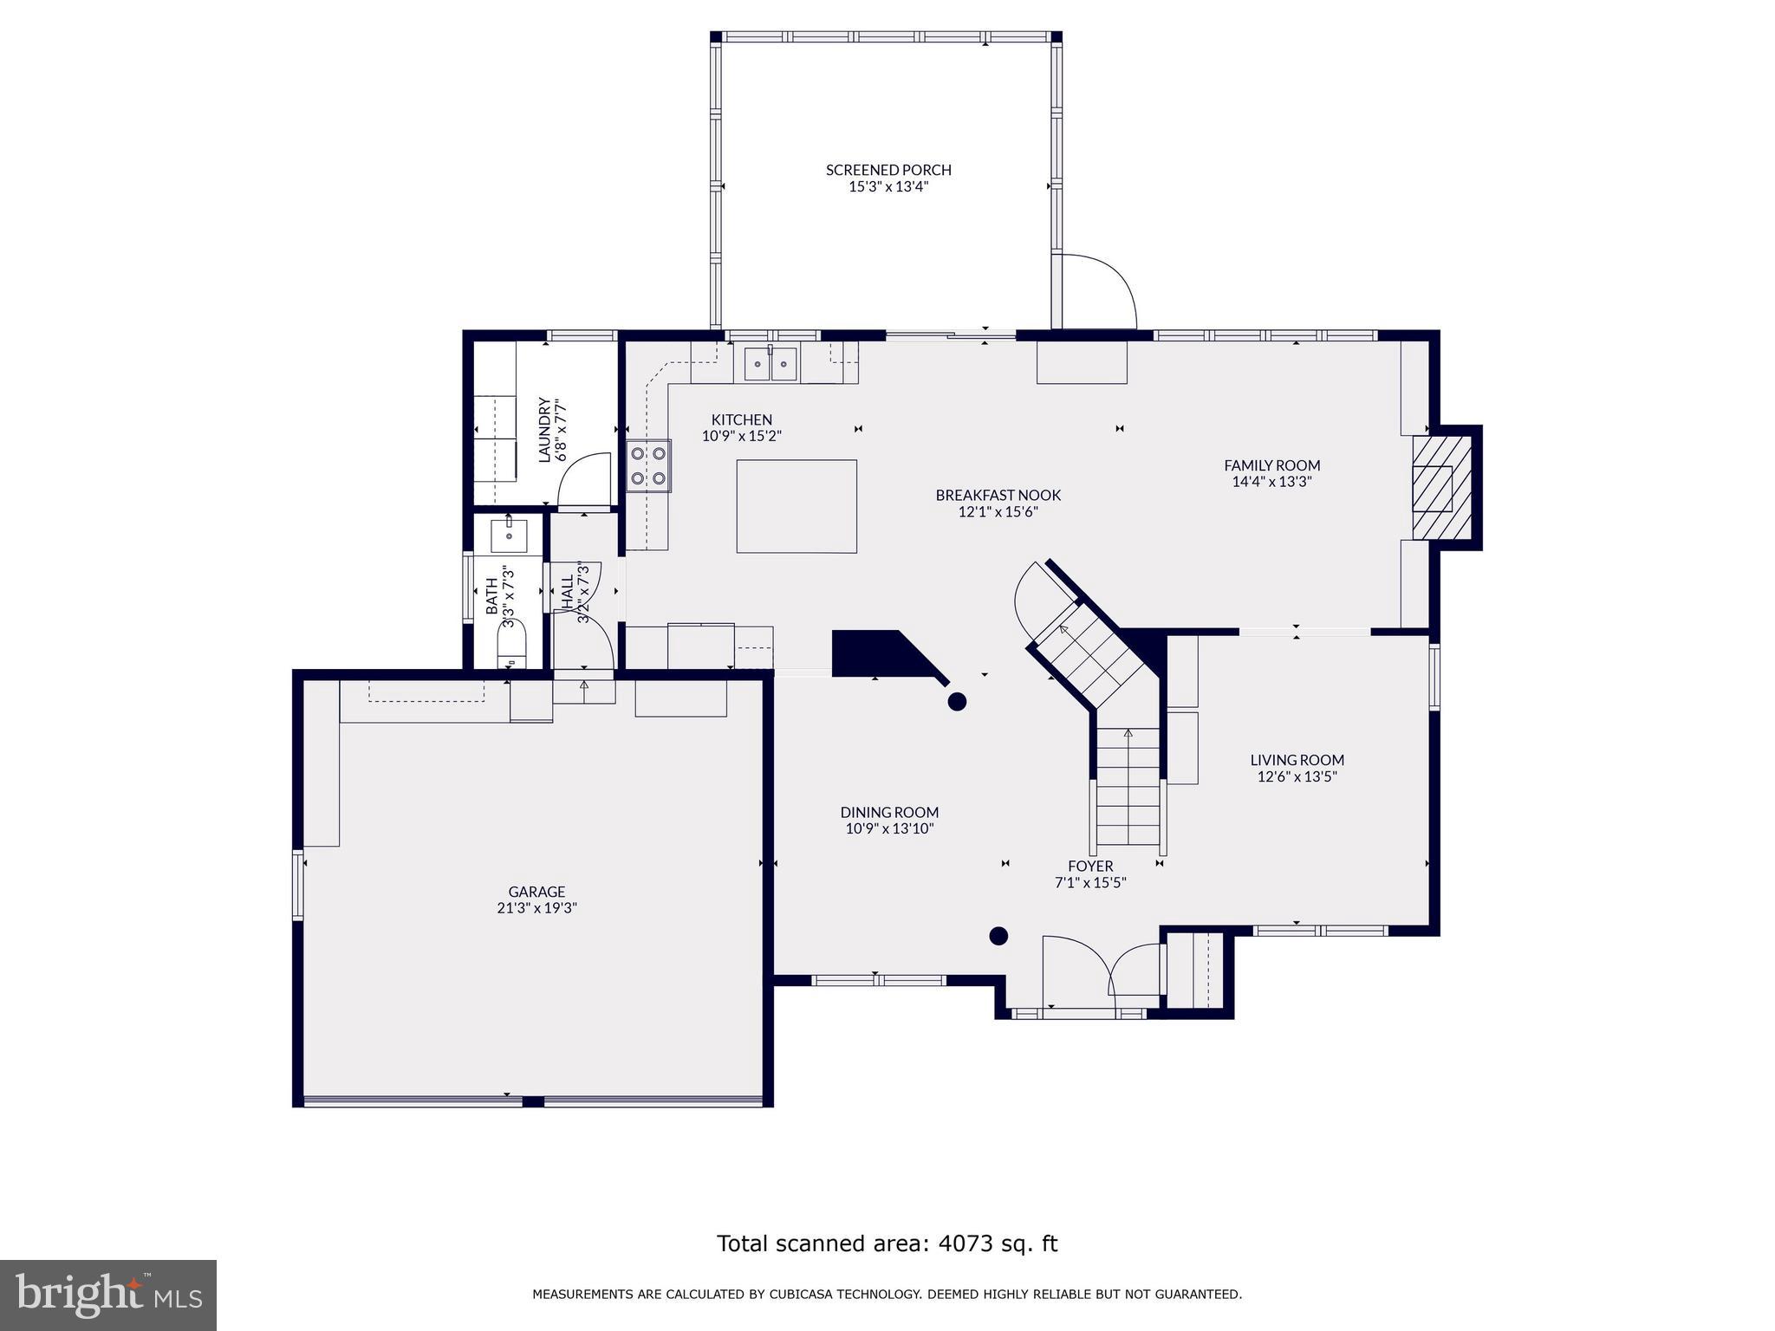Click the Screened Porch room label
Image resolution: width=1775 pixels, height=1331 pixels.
(888, 178)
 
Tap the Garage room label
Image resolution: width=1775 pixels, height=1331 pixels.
(536, 899)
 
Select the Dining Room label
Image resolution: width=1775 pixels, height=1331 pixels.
(889, 820)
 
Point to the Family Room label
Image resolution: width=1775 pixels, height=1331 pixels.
(1271, 473)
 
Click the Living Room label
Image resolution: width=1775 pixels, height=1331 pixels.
(1297, 768)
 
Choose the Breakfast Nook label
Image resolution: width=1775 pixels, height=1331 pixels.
(998, 503)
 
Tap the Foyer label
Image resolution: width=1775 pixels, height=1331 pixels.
(1090, 874)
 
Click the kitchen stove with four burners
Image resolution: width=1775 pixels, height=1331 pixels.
(648, 465)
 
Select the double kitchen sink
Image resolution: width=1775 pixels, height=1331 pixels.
(770, 363)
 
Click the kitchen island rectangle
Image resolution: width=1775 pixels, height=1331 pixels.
(796, 506)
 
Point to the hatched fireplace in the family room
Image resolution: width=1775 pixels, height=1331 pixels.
(1441, 487)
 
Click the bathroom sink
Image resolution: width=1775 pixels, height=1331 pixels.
(509, 535)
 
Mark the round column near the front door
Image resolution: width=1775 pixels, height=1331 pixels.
(998, 936)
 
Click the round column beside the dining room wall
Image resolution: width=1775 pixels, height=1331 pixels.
(957, 702)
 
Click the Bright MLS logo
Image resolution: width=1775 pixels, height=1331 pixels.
(108, 1295)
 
